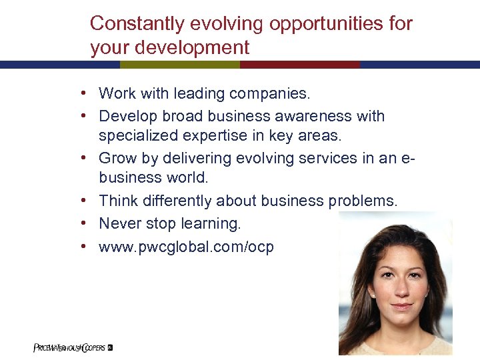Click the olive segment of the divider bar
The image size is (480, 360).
[x=180, y=65]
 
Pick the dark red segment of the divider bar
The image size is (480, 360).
[x=300, y=65]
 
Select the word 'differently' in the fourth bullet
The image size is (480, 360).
[x=181, y=201]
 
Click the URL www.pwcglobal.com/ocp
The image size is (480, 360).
[x=186, y=247]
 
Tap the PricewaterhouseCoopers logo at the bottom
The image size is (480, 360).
[x=72, y=347]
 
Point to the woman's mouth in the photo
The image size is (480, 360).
[x=400, y=307]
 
